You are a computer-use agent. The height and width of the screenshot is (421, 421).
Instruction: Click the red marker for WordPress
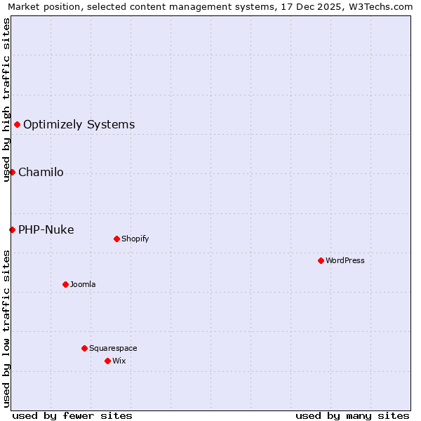tap(321, 260)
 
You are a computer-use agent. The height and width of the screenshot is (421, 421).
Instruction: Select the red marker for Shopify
tap(116, 239)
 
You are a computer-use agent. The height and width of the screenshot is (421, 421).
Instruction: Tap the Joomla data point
tap(65, 284)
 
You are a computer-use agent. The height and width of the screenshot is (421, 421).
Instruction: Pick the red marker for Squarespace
tap(84, 348)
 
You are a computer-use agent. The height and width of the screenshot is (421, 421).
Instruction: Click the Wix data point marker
tap(107, 361)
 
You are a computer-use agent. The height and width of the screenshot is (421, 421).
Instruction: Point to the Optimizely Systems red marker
tap(17, 124)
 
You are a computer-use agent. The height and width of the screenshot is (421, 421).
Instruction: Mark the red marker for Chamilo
tap(12, 172)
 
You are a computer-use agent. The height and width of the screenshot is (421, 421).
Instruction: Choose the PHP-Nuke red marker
tap(12, 229)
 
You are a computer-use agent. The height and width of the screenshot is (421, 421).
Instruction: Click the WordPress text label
tap(345, 260)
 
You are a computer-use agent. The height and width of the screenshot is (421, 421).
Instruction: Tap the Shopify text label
tap(135, 239)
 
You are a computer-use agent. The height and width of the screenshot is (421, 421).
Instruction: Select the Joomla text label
tap(83, 284)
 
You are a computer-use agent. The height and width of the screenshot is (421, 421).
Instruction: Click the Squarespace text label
tap(113, 348)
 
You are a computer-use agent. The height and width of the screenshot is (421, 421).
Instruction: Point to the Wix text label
tap(119, 361)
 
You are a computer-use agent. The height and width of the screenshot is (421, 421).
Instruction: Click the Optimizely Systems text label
tap(79, 125)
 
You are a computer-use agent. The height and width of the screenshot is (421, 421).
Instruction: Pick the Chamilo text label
tap(41, 173)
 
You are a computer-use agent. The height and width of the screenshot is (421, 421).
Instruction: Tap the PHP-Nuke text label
tap(46, 230)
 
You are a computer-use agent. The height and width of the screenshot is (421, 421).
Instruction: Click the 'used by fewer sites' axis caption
tap(72, 415)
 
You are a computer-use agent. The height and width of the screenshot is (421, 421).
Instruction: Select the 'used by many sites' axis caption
tap(352, 415)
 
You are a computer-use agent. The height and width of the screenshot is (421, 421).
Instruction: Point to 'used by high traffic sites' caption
tap(6, 100)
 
